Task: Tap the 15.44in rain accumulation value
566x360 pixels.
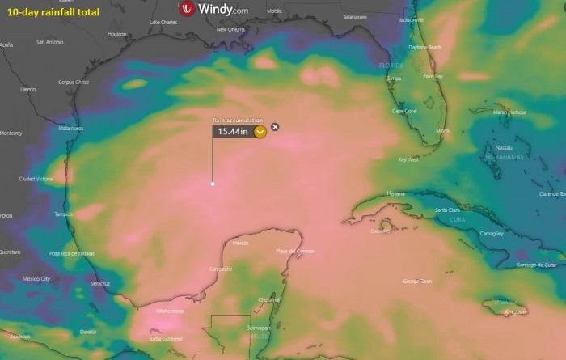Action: [x=232, y=131]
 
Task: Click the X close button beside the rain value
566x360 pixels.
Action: [x=275, y=126]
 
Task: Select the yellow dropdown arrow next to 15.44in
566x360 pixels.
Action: [x=260, y=131]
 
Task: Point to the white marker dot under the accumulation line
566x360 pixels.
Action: [x=213, y=184]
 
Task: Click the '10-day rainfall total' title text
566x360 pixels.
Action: [x=53, y=12]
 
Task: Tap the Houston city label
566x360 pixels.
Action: [x=117, y=34]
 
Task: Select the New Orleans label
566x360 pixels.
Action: [x=230, y=29]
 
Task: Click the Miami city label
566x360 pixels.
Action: [x=442, y=130]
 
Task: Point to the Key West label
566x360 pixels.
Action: [x=408, y=159]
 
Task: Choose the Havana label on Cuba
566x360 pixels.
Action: [x=395, y=193]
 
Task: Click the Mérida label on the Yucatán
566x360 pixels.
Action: [x=240, y=243]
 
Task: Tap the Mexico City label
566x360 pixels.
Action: [x=36, y=278]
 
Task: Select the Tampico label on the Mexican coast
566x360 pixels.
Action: [x=63, y=214]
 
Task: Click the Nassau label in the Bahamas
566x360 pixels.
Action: [x=504, y=148]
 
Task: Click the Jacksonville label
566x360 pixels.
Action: [x=412, y=19]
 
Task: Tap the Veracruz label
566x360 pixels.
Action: [x=100, y=283]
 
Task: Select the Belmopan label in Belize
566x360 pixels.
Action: [x=256, y=328]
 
